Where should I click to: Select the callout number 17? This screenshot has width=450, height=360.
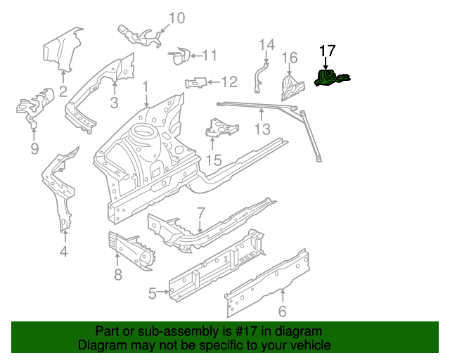[x=328, y=51]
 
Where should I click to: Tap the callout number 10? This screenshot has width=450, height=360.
[x=176, y=18]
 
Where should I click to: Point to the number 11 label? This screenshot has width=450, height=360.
[x=210, y=56]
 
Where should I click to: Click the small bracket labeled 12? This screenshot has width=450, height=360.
[x=195, y=83]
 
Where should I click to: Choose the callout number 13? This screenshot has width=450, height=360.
[x=262, y=129]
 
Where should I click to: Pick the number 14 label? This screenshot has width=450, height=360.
[x=266, y=45]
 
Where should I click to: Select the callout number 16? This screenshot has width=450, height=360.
[x=290, y=57]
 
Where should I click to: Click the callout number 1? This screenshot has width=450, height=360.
[x=146, y=87]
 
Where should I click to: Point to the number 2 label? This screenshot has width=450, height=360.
[x=63, y=91]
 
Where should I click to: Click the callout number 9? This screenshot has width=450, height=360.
[x=34, y=148]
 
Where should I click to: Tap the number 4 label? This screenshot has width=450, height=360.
[x=63, y=252]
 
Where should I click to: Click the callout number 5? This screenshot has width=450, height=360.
[x=152, y=293]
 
